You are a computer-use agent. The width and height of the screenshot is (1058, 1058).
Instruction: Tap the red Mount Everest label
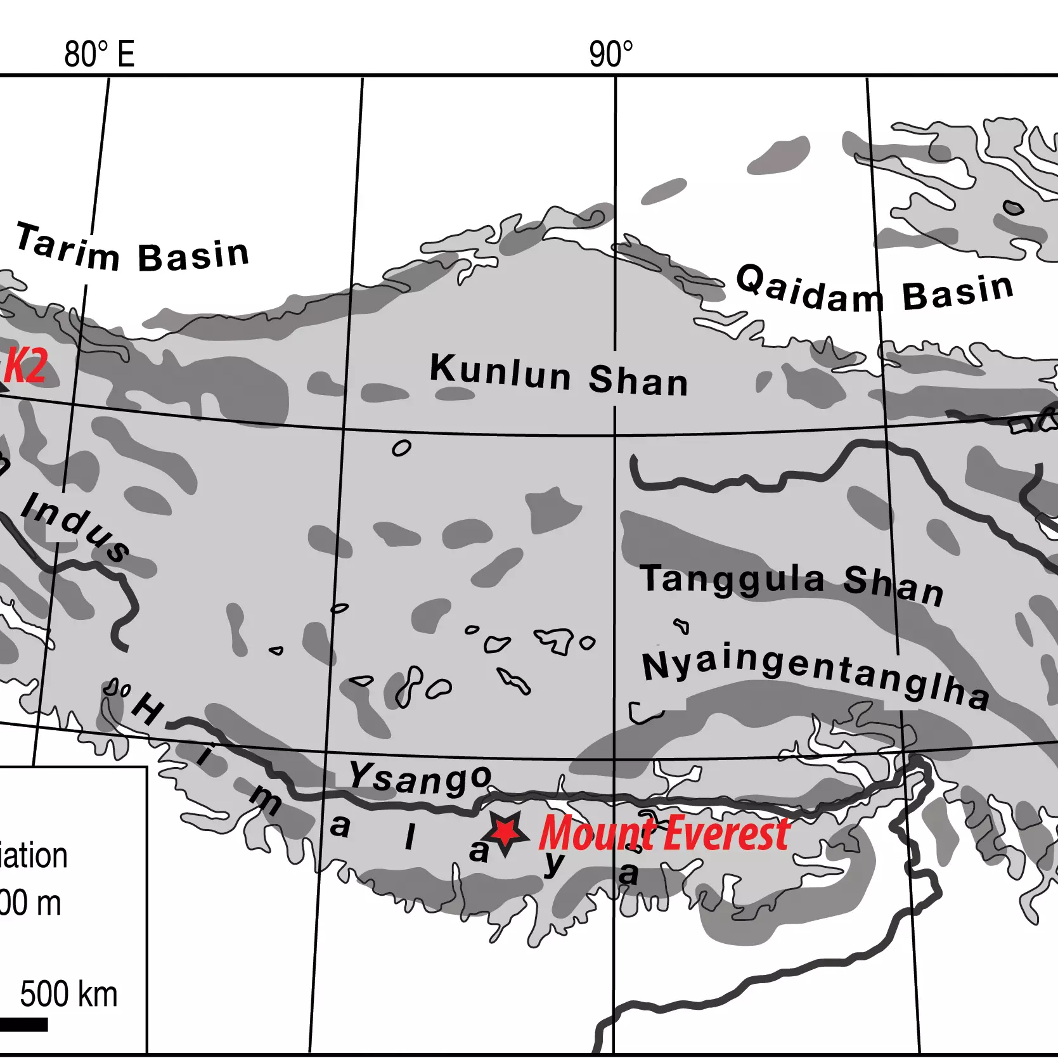point(664,832)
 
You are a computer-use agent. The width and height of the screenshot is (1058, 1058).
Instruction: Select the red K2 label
point(26,366)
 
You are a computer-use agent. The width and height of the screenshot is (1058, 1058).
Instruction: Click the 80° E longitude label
point(100,55)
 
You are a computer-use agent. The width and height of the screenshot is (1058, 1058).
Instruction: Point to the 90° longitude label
point(610,55)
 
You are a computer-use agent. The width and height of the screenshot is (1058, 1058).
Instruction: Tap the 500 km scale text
point(68,993)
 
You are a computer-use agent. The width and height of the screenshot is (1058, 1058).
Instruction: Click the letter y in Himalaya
point(553,863)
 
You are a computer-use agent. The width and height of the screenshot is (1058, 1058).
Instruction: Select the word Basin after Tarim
point(193,255)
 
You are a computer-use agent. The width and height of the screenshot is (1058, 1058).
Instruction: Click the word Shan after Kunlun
point(638,380)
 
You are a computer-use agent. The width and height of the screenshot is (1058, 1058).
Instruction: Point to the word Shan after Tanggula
point(894,585)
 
